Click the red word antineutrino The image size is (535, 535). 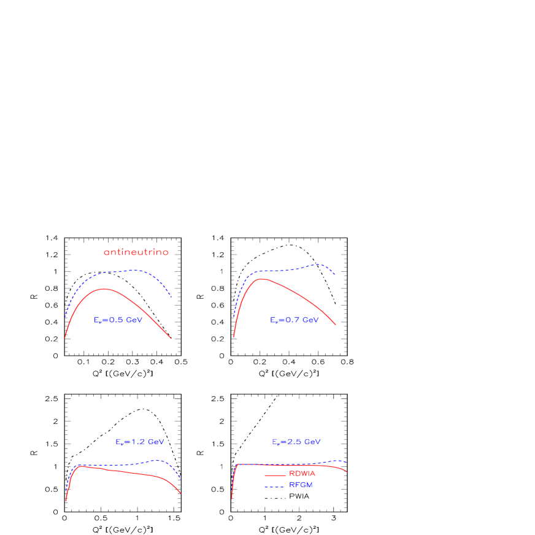coord(136,252)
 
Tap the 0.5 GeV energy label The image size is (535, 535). coord(118,320)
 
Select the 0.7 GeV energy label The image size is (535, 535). coord(294,320)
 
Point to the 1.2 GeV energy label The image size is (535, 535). coord(140,442)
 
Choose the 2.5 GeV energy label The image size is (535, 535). coord(296,442)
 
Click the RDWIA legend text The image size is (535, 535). coord(302,474)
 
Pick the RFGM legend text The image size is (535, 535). coord(301,485)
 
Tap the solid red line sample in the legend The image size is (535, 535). coord(275,475)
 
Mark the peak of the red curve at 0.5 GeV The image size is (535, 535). coord(104,288)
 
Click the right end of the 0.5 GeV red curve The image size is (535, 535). coord(171,338)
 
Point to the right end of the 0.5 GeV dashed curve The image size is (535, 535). coord(172,298)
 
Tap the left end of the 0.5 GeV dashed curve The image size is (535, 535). coord(66,317)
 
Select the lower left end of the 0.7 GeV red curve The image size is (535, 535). coord(234,336)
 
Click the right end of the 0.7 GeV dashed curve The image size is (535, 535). coord(335,274)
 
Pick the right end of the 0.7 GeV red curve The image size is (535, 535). coord(335,324)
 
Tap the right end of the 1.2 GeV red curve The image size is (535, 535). coord(180,493)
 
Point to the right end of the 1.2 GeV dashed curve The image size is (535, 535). coord(180,479)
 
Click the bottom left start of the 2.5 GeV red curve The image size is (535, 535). coord(232,498)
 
